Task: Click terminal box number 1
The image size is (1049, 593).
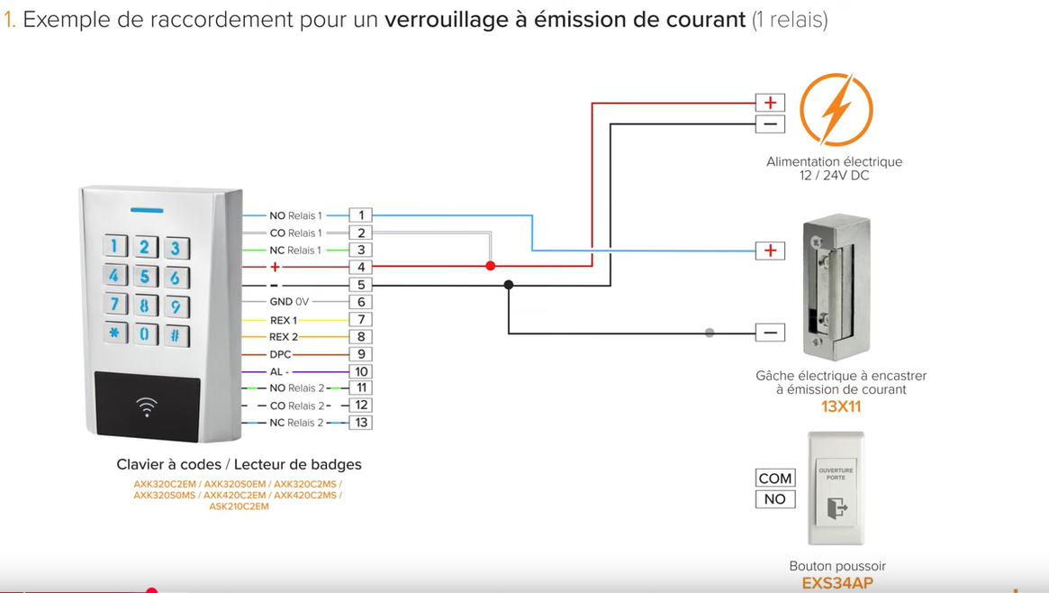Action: click(x=360, y=215)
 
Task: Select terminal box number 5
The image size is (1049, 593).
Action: click(x=360, y=285)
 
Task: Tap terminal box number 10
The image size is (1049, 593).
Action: click(x=360, y=371)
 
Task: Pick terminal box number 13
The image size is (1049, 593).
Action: click(x=360, y=423)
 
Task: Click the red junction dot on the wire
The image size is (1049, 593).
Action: click(x=491, y=266)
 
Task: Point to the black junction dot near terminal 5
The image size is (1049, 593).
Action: click(x=509, y=285)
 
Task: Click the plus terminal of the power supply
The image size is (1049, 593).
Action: click(x=770, y=103)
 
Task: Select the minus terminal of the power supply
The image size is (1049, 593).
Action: click(x=770, y=124)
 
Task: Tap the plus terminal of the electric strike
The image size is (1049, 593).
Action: click(x=770, y=251)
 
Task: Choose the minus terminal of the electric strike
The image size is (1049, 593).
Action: click(x=770, y=333)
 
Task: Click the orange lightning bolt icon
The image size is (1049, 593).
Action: click(x=836, y=110)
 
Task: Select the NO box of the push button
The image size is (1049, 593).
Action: click(x=774, y=499)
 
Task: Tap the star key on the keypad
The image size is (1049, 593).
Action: click(x=114, y=334)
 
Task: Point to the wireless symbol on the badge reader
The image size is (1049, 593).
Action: click(x=146, y=406)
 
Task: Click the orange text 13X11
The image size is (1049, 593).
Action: click(x=841, y=406)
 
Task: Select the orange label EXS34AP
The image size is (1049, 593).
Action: click(x=837, y=583)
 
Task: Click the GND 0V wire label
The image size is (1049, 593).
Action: click(x=289, y=302)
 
